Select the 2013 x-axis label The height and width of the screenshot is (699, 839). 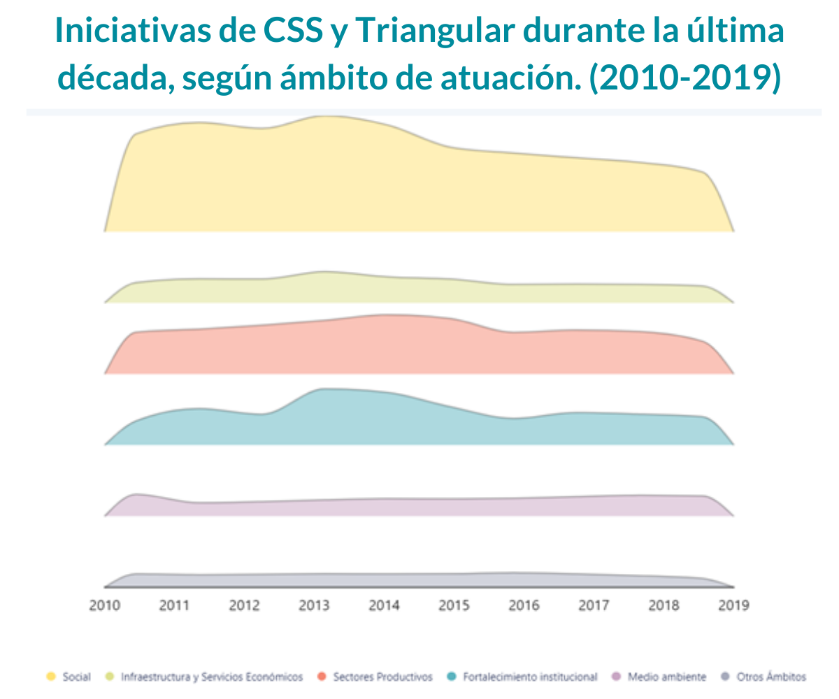pyautogui.click(x=314, y=605)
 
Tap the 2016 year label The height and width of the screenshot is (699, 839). pyautogui.click(x=524, y=605)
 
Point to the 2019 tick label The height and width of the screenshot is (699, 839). pyautogui.click(x=733, y=605)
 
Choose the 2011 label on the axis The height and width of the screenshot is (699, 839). pyautogui.click(x=174, y=605)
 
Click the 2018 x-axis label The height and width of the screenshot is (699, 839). pyautogui.click(x=664, y=605)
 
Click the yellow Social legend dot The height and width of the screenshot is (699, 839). pyautogui.click(x=50, y=677)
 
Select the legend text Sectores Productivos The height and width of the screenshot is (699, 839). pyautogui.click(x=382, y=677)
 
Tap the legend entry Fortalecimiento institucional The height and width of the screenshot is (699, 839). pyautogui.click(x=530, y=677)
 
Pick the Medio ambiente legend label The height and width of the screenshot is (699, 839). pyautogui.click(x=667, y=677)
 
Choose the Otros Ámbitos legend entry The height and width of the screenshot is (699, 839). pyautogui.click(x=771, y=677)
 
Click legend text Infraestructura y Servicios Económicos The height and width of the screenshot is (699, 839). pyautogui.click(x=212, y=677)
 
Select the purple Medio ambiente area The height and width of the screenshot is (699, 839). pyautogui.click(x=419, y=507)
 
